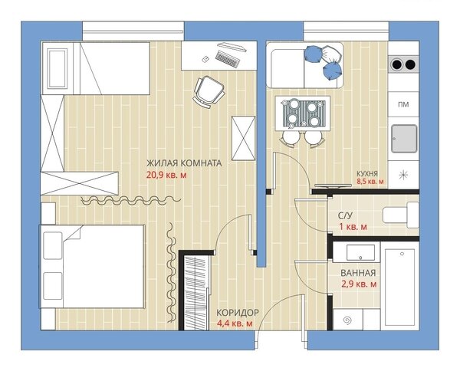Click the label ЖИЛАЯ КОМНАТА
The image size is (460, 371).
pos(184,163)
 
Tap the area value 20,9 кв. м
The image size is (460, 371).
pos(166,176)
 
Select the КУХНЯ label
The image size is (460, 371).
pos(367,173)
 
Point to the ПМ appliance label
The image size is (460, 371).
pos(403,104)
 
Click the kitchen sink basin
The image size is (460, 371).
pos(404,139)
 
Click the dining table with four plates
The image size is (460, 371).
pos(303,113)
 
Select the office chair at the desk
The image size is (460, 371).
pos(209,91)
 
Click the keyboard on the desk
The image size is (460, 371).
pos(228,58)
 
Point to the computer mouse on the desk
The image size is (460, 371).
pos(205,60)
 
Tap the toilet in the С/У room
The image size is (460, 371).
pos(400,215)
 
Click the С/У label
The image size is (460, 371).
pos(345,216)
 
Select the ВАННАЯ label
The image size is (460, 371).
pos(358,273)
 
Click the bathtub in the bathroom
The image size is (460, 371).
pos(399,287)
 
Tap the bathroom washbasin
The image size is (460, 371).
pos(360,252)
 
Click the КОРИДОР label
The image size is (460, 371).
pos(238,313)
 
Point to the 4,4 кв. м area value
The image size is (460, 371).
pos(235,323)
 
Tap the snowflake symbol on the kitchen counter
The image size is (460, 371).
pos(403,175)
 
